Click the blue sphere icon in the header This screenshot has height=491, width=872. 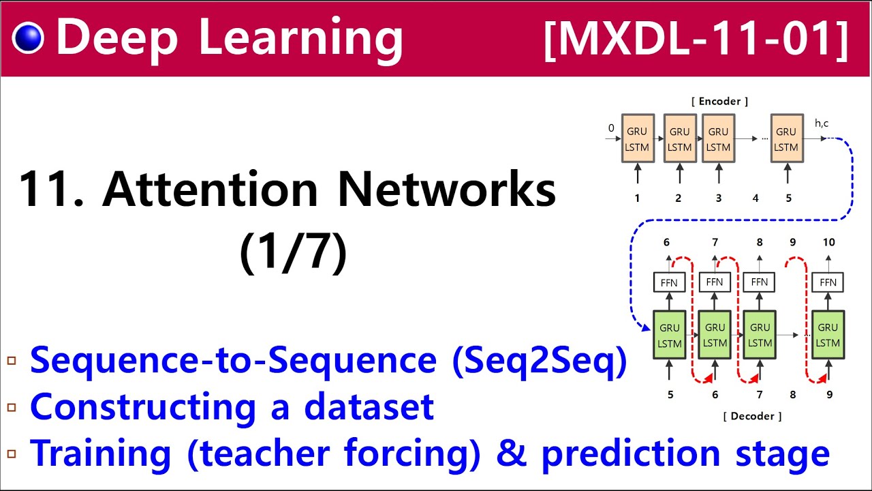pyautogui.click(x=28, y=38)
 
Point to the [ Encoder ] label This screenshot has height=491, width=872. pyautogui.click(x=720, y=101)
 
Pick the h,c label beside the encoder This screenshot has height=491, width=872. pyautogui.click(x=822, y=123)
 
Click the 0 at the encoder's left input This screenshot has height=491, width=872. pyautogui.click(x=611, y=128)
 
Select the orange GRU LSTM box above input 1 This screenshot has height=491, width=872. pyautogui.click(x=638, y=138)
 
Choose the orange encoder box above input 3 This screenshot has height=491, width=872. pyautogui.click(x=718, y=138)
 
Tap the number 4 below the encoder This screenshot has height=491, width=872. pyautogui.click(x=756, y=198)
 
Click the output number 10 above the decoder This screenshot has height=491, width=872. pyautogui.click(x=828, y=242)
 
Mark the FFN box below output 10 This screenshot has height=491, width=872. pyautogui.click(x=828, y=282)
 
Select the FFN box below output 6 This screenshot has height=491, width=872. pyautogui.click(x=669, y=282)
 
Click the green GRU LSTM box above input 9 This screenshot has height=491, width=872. pyautogui.click(x=828, y=335)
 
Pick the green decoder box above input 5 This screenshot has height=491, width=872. pyautogui.click(x=670, y=335)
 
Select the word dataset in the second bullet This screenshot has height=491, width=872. pyautogui.click(x=369, y=406)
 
